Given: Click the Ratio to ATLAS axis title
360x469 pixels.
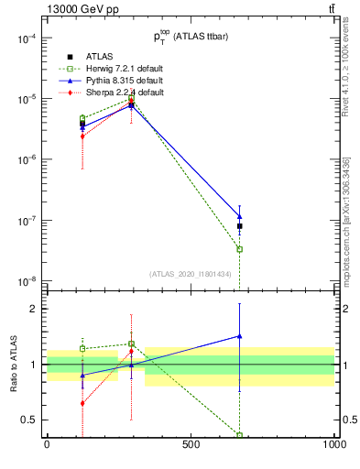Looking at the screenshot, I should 12,365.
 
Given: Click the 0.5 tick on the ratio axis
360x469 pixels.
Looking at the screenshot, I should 29,420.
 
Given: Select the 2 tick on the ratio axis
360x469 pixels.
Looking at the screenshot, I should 35,309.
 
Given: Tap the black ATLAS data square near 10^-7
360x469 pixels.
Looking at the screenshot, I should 240,225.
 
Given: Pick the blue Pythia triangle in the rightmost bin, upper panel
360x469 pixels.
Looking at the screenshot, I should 240,216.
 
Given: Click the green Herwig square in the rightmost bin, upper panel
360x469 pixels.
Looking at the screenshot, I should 240,249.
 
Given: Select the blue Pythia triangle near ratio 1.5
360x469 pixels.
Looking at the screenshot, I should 240,336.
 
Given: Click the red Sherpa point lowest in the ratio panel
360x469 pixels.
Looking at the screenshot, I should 82,403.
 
